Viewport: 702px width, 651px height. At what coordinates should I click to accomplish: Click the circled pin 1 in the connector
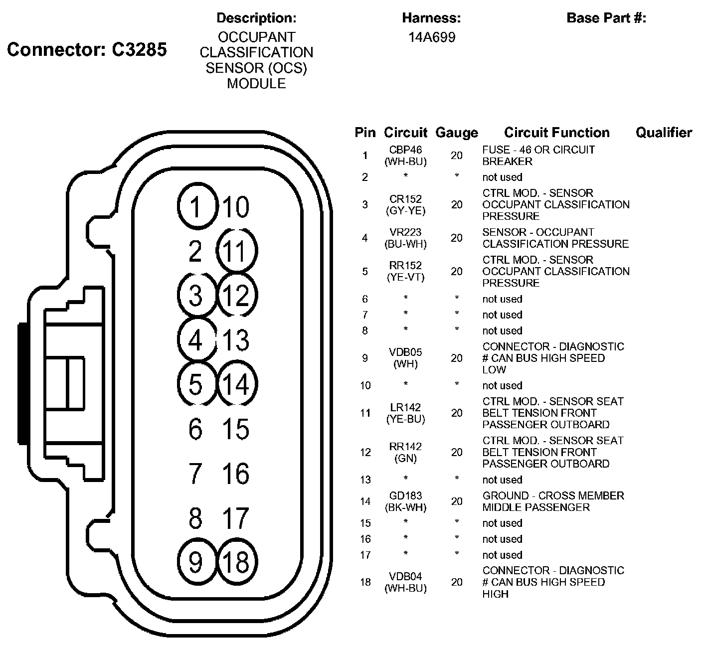(x=197, y=206)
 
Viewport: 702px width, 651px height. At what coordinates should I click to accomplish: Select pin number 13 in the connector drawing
(x=236, y=340)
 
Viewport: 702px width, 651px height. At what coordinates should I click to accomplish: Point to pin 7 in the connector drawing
(x=195, y=474)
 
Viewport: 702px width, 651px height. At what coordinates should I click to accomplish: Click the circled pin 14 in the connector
(x=237, y=384)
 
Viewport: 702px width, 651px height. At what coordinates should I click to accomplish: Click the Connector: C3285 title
(x=87, y=49)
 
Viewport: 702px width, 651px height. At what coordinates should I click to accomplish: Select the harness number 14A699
(x=432, y=37)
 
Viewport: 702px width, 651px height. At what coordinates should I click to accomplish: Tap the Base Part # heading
(x=606, y=18)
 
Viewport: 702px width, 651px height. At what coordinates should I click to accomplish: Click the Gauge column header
(x=456, y=133)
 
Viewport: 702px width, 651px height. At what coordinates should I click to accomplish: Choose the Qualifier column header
(x=664, y=133)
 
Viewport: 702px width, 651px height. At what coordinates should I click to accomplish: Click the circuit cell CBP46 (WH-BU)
(x=405, y=156)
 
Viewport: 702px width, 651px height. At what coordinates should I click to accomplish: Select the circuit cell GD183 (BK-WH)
(x=405, y=501)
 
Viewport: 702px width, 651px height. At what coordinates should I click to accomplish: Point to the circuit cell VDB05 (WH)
(x=405, y=358)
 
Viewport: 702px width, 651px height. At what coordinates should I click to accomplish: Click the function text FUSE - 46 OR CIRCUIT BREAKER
(x=538, y=156)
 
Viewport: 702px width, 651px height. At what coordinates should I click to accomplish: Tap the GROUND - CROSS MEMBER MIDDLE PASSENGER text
(x=553, y=501)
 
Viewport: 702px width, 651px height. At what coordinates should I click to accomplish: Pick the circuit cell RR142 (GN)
(x=405, y=452)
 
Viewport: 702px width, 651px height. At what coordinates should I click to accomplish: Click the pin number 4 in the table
(x=365, y=238)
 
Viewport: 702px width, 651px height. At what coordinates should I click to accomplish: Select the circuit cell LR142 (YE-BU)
(x=405, y=413)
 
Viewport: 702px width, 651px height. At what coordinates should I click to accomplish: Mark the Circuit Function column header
(x=556, y=133)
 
